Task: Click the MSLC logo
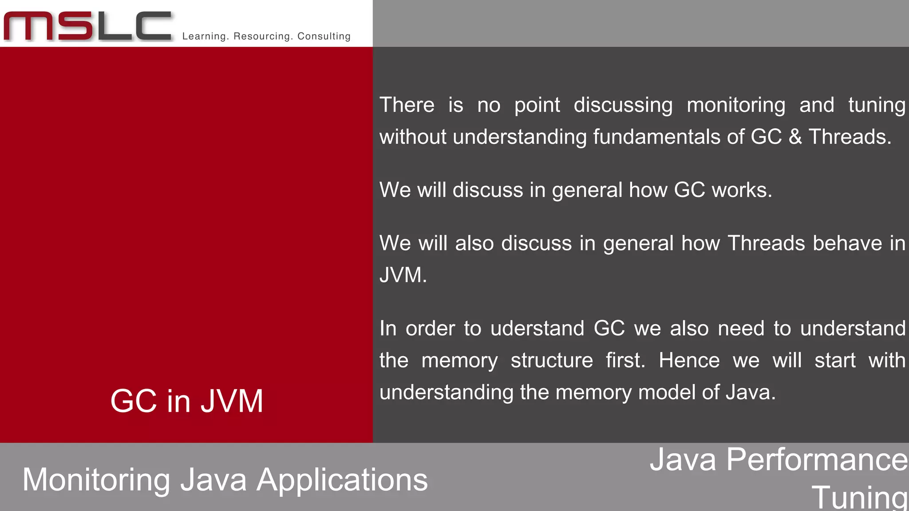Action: (87, 27)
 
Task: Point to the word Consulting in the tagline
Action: (324, 36)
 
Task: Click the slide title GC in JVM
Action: (187, 401)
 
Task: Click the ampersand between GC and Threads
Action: (795, 137)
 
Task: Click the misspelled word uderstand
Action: (537, 328)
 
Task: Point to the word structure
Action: (552, 360)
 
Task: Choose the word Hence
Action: (689, 360)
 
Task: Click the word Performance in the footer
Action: (817, 460)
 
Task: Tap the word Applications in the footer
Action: (342, 480)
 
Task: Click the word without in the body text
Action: (413, 137)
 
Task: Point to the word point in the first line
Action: (537, 106)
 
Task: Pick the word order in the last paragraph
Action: (430, 328)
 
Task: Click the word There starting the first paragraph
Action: (407, 105)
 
